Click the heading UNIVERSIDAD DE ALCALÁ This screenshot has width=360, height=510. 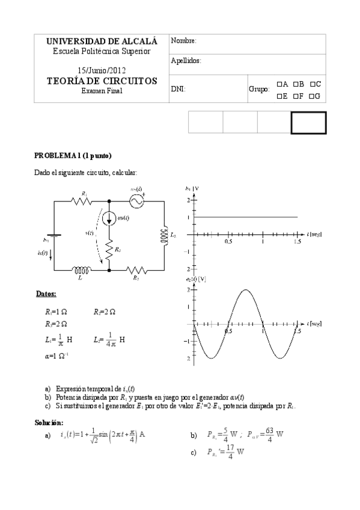click(102, 41)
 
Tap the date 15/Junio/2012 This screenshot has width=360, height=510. click(102, 70)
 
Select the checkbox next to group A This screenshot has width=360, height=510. click(279, 84)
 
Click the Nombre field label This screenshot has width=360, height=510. click(184, 41)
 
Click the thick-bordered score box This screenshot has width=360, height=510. click(308, 122)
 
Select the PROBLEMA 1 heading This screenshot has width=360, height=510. click(73, 156)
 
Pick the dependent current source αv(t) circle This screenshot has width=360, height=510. click(109, 218)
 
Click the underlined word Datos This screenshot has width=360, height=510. click(46, 294)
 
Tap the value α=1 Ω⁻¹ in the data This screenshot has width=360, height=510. click(52, 356)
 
